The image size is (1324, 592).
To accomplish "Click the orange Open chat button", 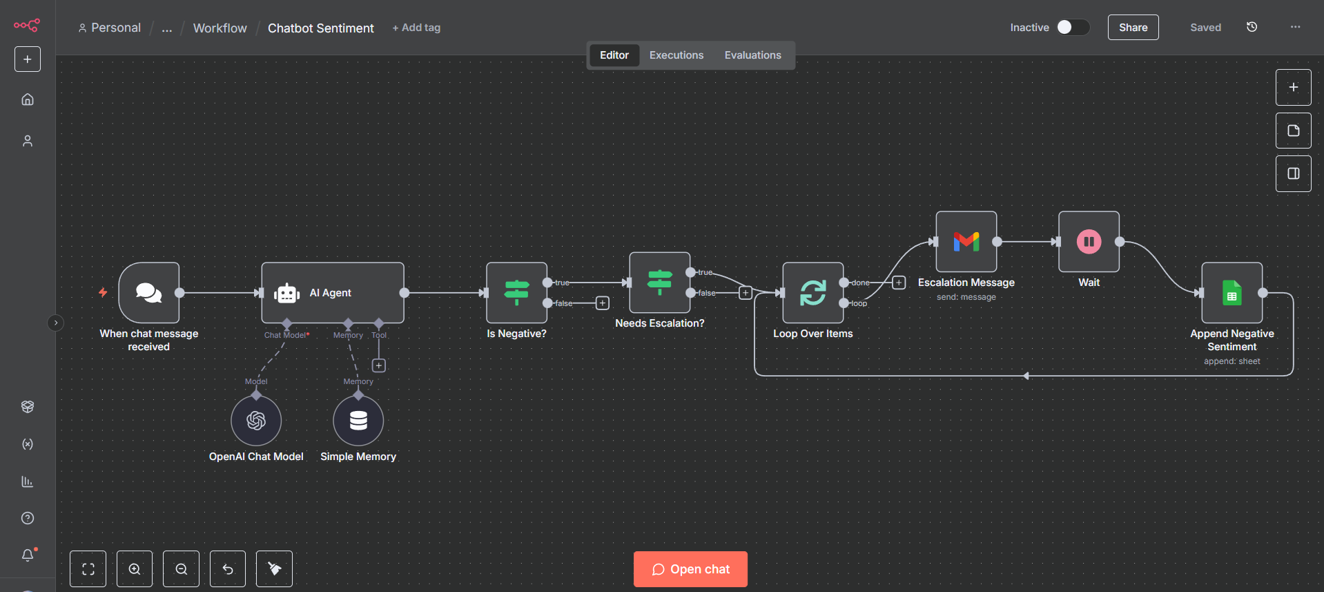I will point(690,569).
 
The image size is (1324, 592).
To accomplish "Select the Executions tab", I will point(676,55).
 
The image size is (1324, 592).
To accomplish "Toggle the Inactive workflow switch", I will point(1072,27).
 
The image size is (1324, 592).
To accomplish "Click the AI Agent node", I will point(332,293).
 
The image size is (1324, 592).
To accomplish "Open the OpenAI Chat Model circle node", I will point(256,421).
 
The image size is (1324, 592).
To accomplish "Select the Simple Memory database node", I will point(358,421).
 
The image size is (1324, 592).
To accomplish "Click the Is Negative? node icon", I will point(516,293).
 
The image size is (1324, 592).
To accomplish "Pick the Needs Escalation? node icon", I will point(659,283).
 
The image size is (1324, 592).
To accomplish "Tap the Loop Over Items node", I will point(812,293).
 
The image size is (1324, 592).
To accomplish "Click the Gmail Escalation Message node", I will point(966,242).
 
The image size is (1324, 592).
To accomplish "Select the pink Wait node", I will point(1089,242).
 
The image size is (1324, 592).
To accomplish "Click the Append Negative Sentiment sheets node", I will point(1231,293).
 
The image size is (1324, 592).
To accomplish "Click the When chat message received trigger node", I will point(149,293).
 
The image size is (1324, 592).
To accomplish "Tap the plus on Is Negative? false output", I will point(603,303).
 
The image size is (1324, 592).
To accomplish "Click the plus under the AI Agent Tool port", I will point(379,365).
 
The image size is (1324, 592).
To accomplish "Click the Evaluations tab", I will point(752,55).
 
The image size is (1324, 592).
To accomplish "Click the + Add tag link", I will point(416,28).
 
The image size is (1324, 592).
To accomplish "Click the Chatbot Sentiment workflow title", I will point(320,28).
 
